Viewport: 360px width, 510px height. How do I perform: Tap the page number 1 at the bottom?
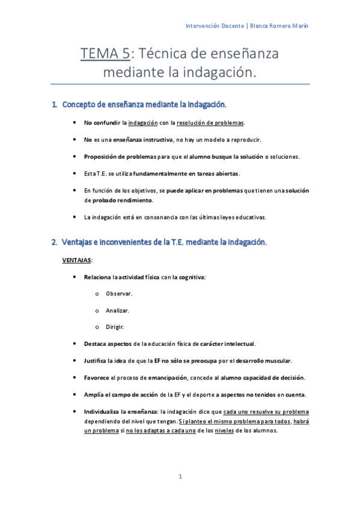[x=180, y=476]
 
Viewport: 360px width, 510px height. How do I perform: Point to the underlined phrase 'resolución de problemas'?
[x=210, y=123]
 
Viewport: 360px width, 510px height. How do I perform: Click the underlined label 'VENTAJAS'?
[x=76, y=260]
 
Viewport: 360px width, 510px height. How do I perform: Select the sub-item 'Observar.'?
[x=119, y=293]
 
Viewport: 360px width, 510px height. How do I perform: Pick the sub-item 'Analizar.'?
[x=118, y=310]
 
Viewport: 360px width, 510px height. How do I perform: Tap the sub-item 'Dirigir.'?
[x=115, y=327]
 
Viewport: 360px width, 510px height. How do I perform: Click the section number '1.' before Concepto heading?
[x=55, y=105]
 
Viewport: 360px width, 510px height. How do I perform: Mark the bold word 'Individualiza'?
[x=105, y=411]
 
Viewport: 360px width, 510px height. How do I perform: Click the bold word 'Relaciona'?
[x=99, y=277]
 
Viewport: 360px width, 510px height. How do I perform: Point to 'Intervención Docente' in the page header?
[x=214, y=26]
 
